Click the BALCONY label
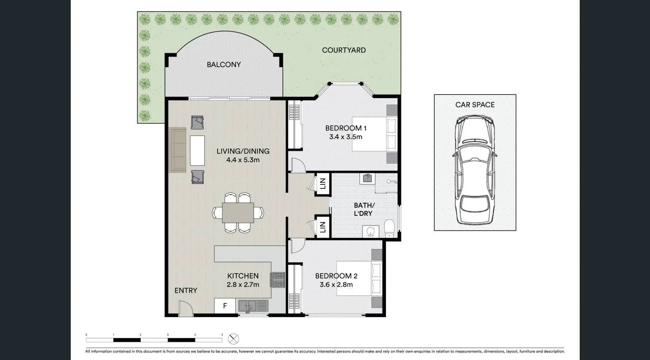224,65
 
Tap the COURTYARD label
344,50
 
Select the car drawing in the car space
475,170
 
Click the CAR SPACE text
475,105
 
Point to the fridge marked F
225,306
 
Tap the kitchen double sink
253,306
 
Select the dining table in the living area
238,213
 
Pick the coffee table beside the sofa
197,150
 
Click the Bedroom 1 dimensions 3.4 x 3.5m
345,137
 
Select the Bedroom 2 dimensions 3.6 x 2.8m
336,285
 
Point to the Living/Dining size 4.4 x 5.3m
243,160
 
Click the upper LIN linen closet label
323,184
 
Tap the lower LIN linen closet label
323,227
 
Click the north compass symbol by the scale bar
233,339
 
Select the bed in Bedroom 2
359,278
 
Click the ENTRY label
186,291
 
